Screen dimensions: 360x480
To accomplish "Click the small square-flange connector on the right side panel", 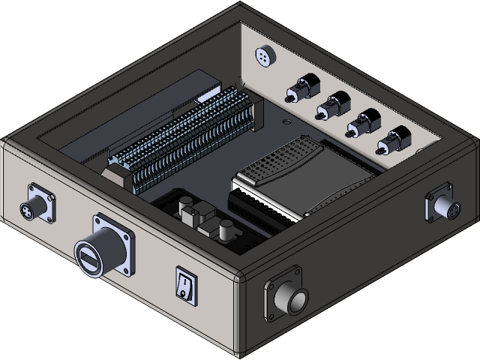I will point(440,205).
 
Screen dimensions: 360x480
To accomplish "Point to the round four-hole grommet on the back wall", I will point(262,56).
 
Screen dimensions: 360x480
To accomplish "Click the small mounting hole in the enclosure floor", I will point(285,120).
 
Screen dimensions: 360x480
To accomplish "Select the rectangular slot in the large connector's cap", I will point(88,259).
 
